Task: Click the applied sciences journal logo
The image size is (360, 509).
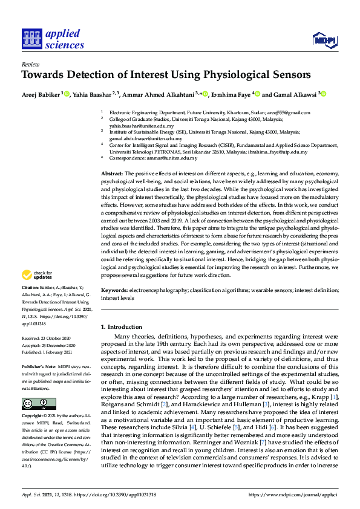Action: [53, 39]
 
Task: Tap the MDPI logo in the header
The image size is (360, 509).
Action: [324, 41]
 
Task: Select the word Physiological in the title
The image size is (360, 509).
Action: [225, 76]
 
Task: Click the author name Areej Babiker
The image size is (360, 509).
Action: [41, 94]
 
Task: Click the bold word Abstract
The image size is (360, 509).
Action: [112, 173]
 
